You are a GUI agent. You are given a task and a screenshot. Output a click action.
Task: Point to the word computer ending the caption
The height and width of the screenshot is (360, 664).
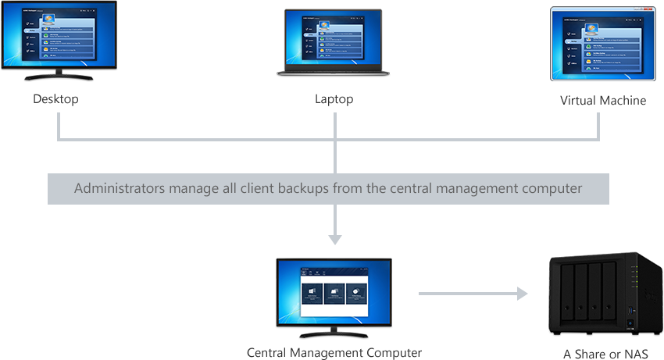coord(556,188)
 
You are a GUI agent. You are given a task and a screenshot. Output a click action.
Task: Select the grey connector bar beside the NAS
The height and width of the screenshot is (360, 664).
coord(473,294)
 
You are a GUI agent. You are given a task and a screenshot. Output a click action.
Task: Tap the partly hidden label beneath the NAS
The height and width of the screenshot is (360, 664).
coord(605,354)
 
